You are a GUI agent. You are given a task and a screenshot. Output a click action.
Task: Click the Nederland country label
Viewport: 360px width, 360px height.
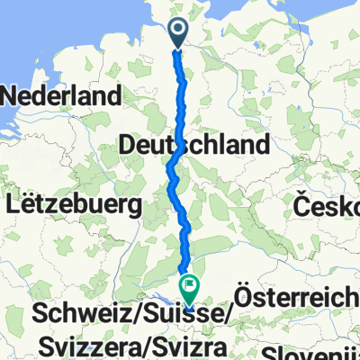pos(63,95)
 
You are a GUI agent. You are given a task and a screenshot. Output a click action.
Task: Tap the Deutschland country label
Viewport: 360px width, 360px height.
pos(193,144)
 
